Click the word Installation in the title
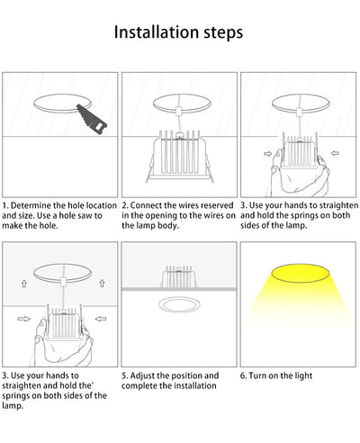[157, 33]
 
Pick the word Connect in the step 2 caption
[147, 206]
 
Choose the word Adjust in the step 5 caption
[146, 375]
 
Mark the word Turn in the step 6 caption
[259, 375]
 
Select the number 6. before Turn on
[245, 375]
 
